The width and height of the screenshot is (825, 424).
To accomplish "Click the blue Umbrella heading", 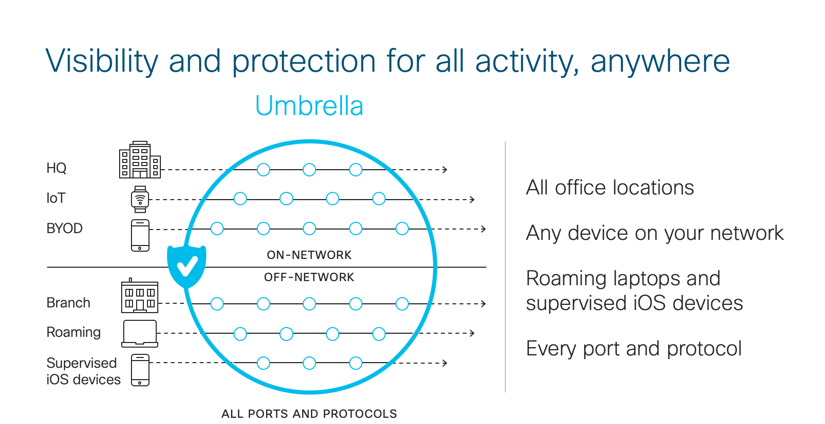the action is (x=309, y=106).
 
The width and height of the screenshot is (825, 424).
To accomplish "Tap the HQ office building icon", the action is (x=140, y=159).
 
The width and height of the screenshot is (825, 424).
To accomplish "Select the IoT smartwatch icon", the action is (x=140, y=199).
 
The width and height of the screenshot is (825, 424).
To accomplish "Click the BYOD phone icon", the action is (x=140, y=235).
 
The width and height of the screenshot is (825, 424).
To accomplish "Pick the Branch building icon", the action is (x=140, y=296).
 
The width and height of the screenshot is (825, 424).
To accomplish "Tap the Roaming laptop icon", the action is (x=140, y=334).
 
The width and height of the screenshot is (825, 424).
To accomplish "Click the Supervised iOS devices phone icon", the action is (x=140, y=370).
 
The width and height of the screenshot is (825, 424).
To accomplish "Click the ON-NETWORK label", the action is (x=309, y=255).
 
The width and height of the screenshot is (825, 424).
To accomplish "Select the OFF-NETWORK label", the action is (x=309, y=277).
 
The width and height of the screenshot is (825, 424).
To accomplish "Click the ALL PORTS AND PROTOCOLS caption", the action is (x=309, y=414).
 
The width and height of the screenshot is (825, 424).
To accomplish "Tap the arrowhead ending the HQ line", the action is (x=445, y=170).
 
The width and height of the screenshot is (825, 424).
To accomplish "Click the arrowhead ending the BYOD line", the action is (x=484, y=229).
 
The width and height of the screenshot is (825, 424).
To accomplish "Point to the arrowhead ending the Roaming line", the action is (x=472, y=333).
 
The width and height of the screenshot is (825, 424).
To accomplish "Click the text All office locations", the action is (x=610, y=188).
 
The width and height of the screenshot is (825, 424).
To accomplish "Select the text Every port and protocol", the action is (x=634, y=349).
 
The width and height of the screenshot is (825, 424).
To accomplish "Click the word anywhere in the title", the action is (x=660, y=62).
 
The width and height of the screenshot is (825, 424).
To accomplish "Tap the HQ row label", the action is (x=56, y=168).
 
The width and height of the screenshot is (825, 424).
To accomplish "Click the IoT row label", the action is (x=56, y=198).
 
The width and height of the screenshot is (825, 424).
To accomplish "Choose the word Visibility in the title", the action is (x=102, y=61).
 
